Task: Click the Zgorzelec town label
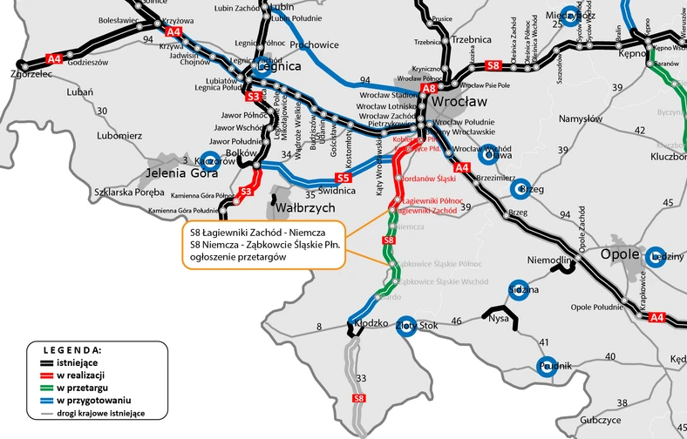tap(27, 75)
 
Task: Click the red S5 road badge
tap(343, 179)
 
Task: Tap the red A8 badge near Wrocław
tap(428, 88)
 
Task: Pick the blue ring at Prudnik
tap(548, 367)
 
